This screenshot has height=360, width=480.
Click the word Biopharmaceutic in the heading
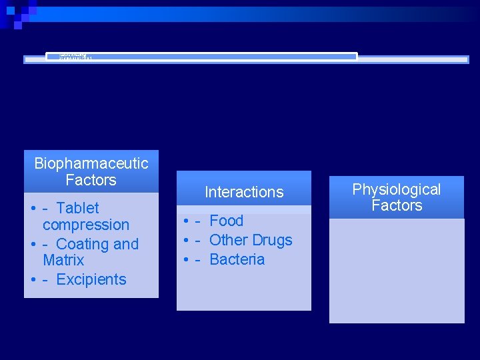(x=91, y=163)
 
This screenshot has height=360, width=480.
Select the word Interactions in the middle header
(x=244, y=192)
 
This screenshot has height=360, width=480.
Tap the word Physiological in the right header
(x=397, y=189)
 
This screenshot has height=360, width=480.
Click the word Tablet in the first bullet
(x=77, y=208)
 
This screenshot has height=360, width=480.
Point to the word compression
(x=85, y=225)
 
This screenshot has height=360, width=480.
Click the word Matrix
(x=63, y=260)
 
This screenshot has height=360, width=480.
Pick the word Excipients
(x=91, y=279)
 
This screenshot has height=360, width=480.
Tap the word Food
(x=227, y=221)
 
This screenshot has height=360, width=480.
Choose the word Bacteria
(x=237, y=259)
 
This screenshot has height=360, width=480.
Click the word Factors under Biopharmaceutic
(x=91, y=180)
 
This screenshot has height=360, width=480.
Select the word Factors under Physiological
(x=397, y=205)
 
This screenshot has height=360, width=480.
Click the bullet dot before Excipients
(x=33, y=280)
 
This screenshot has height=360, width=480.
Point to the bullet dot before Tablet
(x=33, y=209)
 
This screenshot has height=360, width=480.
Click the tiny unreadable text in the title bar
(x=75, y=57)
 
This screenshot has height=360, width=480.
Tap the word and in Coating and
(x=126, y=244)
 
